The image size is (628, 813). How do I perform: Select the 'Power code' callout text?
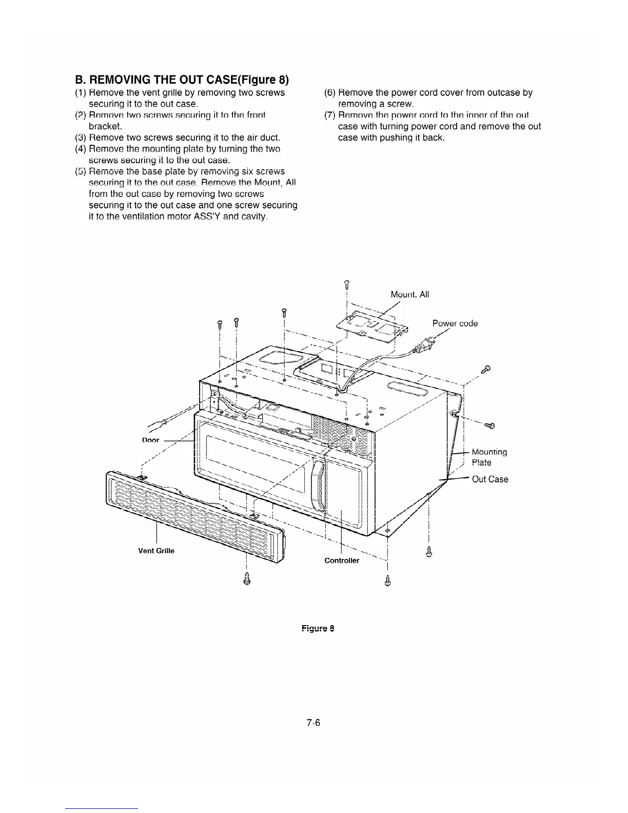455,323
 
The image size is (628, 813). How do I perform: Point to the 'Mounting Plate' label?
489,457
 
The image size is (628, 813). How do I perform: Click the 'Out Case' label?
489,479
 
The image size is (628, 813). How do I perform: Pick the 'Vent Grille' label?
156,551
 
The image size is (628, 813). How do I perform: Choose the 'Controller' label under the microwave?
342,560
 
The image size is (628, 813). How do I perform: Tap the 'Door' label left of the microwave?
150,440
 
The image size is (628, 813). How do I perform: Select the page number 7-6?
313,723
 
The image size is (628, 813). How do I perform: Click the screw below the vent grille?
247,578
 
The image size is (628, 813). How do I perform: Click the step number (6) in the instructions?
330,93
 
